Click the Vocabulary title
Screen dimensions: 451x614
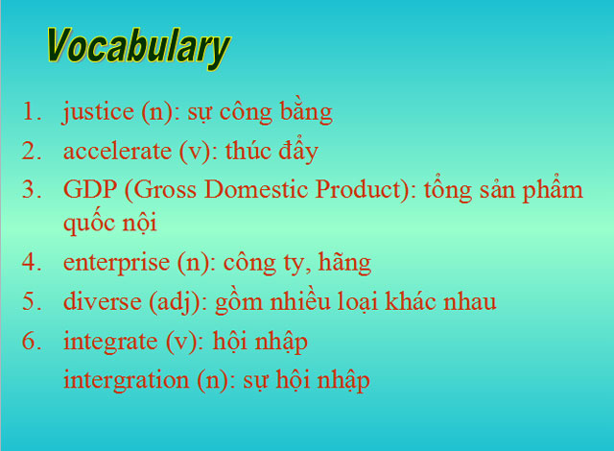pos(138,45)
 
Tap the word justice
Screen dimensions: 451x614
pos(98,112)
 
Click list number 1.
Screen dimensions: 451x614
pos(34,112)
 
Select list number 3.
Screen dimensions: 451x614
pos(34,189)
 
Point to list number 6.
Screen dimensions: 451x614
pos(34,341)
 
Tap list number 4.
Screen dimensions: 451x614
pos(34,262)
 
